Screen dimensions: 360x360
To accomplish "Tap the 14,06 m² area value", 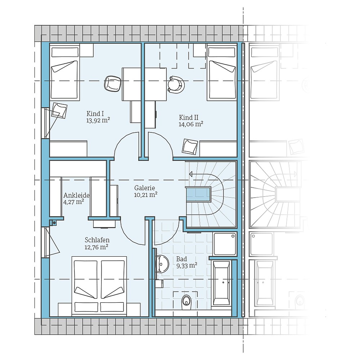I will click(x=191, y=124).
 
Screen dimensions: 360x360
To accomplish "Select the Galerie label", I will click(x=144, y=188).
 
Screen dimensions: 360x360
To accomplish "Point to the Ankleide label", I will click(x=76, y=195).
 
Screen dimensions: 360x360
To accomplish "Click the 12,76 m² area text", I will click(x=97, y=247).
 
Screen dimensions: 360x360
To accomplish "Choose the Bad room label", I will click(x=182, y=258).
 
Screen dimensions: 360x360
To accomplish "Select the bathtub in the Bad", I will click(x=221, y=283).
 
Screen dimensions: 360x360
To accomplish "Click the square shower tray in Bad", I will click(x=225, y=244).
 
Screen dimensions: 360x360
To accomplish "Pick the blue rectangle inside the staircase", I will click(x=198, y=194).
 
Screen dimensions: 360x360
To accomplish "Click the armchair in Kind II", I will click(x=190, y=146).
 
